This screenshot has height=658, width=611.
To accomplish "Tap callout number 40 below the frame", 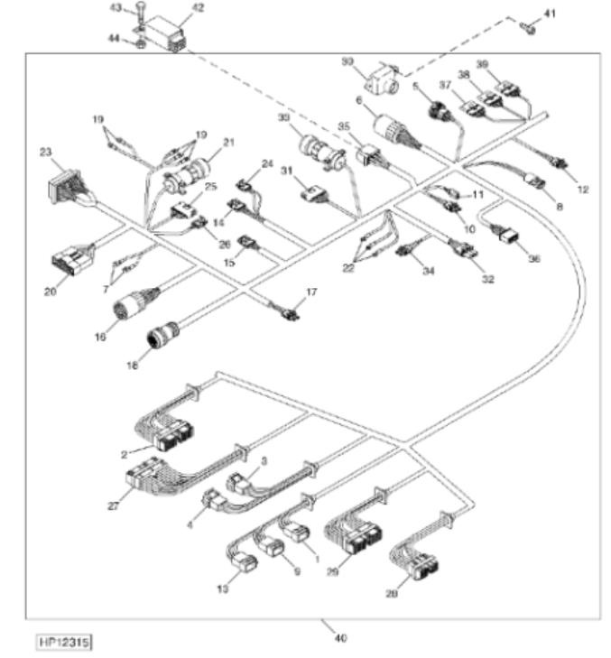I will click(340, 638).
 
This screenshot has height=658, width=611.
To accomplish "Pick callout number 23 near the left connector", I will click(46, 153).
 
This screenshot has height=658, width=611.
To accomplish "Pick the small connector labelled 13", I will click(245, 564).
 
